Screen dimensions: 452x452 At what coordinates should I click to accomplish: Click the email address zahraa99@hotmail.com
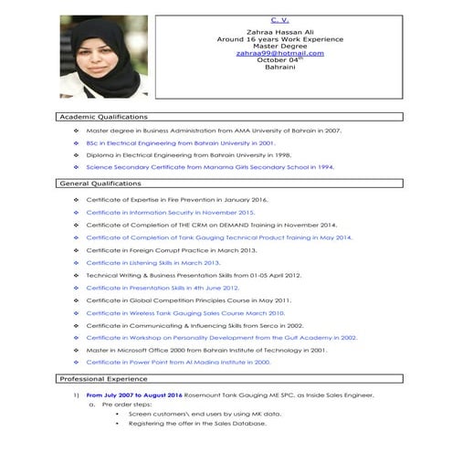point(279,53)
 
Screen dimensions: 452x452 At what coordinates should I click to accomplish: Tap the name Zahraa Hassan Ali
point(279,32)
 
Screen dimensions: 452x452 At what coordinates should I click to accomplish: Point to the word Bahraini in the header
point(279,68)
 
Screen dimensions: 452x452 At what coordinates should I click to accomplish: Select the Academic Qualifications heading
point(103,117)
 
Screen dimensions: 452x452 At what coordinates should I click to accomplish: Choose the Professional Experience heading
point(102,378)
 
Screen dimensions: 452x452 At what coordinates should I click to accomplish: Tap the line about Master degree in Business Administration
point(214,131)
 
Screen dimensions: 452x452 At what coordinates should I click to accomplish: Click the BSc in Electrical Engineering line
point(180,143)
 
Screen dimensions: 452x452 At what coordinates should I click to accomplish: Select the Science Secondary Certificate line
point(210,167)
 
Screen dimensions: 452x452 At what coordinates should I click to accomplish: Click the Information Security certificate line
point(170,212)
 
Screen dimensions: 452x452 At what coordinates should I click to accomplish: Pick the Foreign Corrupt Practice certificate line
point(172,249)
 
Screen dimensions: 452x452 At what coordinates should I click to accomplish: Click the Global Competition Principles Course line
point(188,300)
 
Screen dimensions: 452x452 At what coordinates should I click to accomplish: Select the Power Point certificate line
point(178,363)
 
